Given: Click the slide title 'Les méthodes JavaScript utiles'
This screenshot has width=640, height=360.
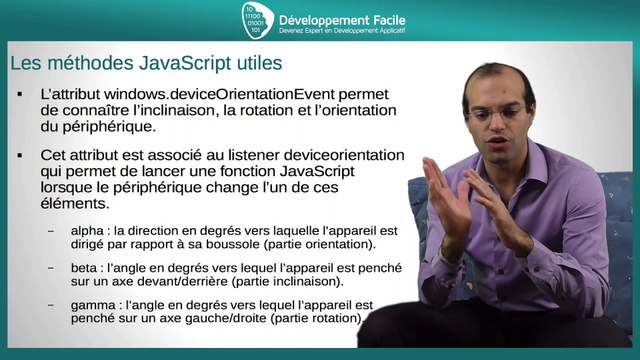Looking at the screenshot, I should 145,64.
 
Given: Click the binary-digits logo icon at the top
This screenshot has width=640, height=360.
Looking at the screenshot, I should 257,20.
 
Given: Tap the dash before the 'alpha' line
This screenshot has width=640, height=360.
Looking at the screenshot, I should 51,231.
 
